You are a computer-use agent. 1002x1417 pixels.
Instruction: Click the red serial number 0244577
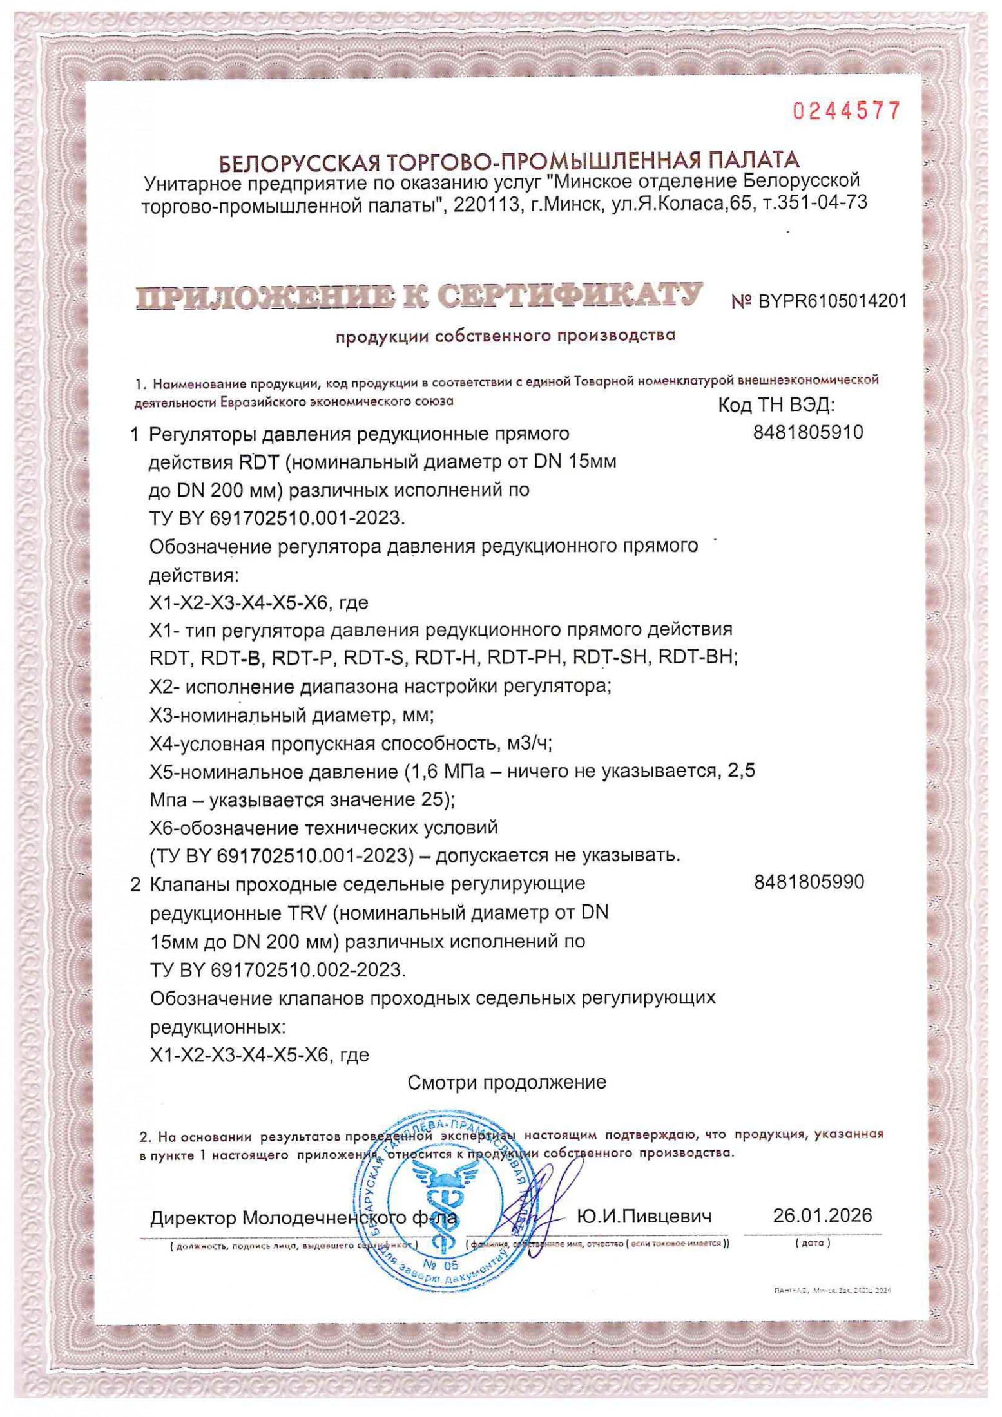coord(845,111)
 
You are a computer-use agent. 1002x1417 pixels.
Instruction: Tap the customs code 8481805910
coord(807,432)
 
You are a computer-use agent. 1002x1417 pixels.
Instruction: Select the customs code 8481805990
coord(809,882)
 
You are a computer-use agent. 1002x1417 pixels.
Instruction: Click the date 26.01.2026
coord(822,1215)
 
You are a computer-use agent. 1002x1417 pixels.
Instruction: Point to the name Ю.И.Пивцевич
coord(644,1217)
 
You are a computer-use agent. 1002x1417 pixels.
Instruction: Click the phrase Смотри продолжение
coord(506,1082)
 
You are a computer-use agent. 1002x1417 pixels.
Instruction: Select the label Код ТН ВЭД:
coord(776,405)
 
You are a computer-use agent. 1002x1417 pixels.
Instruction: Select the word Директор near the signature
coord(193,1218)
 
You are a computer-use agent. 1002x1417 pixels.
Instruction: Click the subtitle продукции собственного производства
coord(505,336)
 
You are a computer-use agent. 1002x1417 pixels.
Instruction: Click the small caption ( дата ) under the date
coord(813,1242)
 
